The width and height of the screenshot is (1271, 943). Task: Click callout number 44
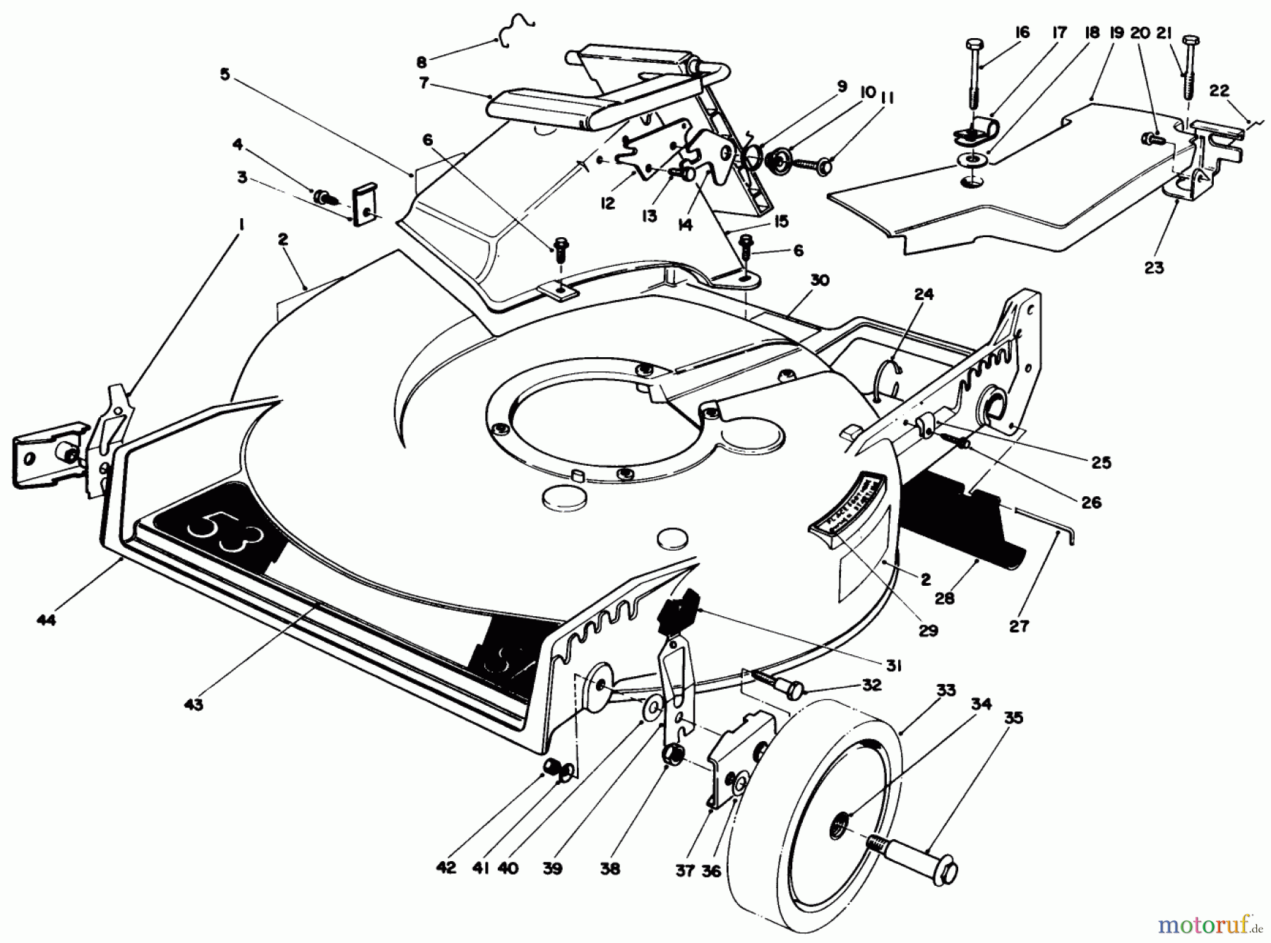(47, 619)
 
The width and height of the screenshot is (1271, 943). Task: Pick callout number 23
(1154, 268)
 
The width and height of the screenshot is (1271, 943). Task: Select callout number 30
(820, 280)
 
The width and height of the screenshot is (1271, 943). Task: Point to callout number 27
(1019, 625)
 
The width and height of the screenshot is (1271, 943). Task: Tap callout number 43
(193, 704)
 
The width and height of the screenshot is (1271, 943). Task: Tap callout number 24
(924, 294)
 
